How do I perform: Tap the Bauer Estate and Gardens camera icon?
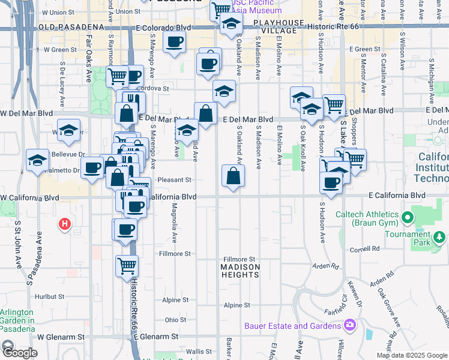click(x=350, y=326)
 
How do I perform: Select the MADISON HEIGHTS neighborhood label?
click(x=240, y=271)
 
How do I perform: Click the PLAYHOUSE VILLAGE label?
click(x=278, y=22)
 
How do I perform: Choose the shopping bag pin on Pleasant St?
click(x=233, y=176)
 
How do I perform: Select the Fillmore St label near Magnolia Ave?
click(x=174, y=254)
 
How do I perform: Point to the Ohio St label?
click(x=176, y=320)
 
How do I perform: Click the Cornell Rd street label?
click(x=367, y=248)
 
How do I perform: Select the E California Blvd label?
click(x=397, y=196)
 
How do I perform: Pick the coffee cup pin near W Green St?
click(x=174, y=42)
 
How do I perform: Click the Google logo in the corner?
click(x=19, y=353)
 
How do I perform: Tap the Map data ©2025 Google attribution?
click(x=411, y=355)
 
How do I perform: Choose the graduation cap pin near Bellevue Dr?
click(x=37, y=160)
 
